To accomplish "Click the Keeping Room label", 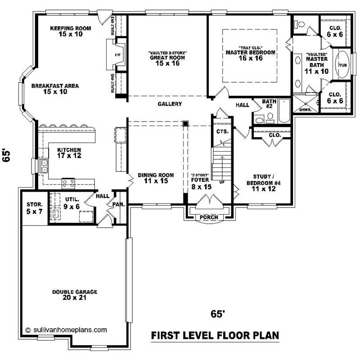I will [70, 31].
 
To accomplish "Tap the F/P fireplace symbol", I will [118, 55].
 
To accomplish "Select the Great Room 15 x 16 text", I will [167, 60].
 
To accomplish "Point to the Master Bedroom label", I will [250, 55].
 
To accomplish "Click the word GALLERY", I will [170, 104].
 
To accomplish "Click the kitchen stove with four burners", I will [68, 183].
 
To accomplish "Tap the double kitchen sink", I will [44, 166].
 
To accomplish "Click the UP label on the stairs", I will [221, 182].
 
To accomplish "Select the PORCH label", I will [209, 217].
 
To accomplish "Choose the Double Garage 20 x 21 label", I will [75, 294].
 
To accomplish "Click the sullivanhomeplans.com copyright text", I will [66, 329].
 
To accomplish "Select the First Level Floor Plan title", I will [214, 335].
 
